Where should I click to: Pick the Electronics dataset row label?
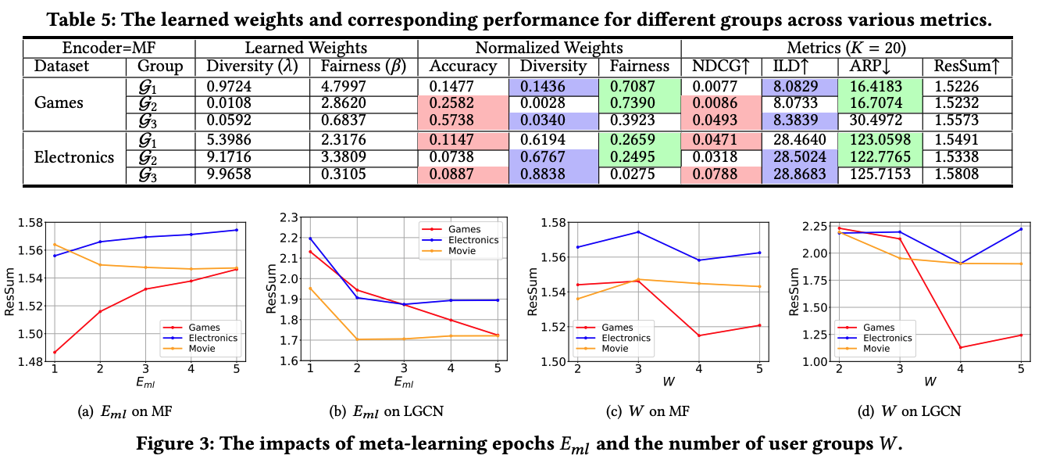point(74,157)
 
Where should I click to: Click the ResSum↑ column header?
point(965,66)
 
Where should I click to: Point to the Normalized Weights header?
point(549,48)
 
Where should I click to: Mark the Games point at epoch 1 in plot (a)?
point(55,352)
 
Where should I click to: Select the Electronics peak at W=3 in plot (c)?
point(638,232)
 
